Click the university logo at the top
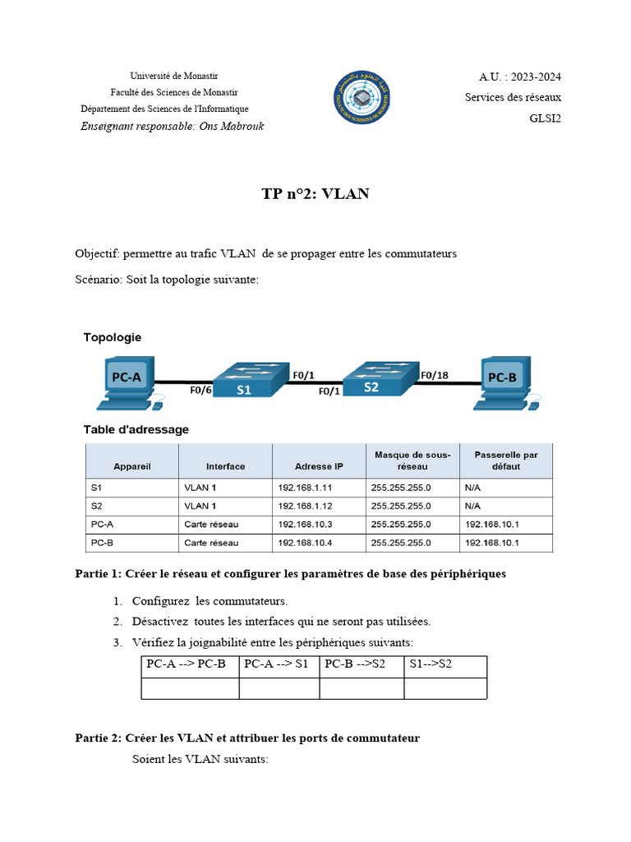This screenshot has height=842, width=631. (x=362, y=97)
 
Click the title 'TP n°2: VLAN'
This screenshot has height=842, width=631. (x=315, y=194)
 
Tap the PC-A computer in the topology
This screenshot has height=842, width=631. (x=126, y=382)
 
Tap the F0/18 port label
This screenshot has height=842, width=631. (x=435, y=375)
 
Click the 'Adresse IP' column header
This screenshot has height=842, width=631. (x=319, y=466)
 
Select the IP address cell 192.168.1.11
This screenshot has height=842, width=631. (x=306, y=488)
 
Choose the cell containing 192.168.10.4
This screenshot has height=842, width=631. (x=306, y=544)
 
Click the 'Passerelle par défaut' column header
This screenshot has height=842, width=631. (x=506, y=460)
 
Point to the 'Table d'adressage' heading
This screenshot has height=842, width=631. (x=136, y=429)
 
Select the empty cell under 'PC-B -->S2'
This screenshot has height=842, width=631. (x=362, y=687)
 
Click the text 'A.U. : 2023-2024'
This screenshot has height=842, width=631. (x=520, y=77)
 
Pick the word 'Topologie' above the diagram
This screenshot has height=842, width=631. (x=112, y=337)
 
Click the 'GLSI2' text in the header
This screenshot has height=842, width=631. (x=545, y=118)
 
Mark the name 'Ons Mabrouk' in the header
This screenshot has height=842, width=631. (x=232, y=126)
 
